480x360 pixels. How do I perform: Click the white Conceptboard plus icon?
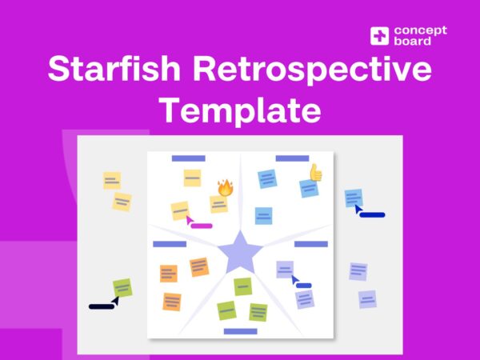[379, 36]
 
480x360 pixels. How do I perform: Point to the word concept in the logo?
[420, 30]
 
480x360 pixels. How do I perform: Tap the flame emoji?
[225, 188]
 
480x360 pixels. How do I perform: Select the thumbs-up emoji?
[315, 171]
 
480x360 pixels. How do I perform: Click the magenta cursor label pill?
[201, 226]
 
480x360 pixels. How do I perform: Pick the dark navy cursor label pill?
[101, 306]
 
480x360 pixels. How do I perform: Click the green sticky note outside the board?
[122, 286]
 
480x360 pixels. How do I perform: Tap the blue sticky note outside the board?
[353, 197]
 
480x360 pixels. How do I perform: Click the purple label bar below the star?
[240, 330]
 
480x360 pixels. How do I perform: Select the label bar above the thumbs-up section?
[292, 158]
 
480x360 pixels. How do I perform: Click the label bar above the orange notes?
[169, 243]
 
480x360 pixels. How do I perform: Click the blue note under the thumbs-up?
[263, 215]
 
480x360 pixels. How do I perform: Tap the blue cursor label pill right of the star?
[304, 285]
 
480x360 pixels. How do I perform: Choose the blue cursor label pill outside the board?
[373, 214]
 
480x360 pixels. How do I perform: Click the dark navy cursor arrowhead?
[115, 300]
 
